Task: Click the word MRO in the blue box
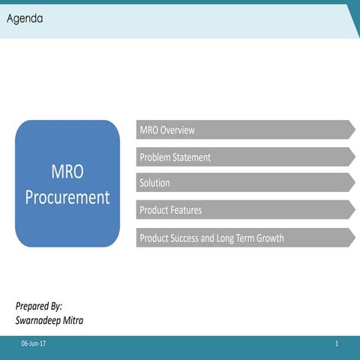[x=67, y=172]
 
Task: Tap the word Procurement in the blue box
[x=67, y=197]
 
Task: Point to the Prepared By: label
[x=39, y=306]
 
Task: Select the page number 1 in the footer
[x=337, y=343]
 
